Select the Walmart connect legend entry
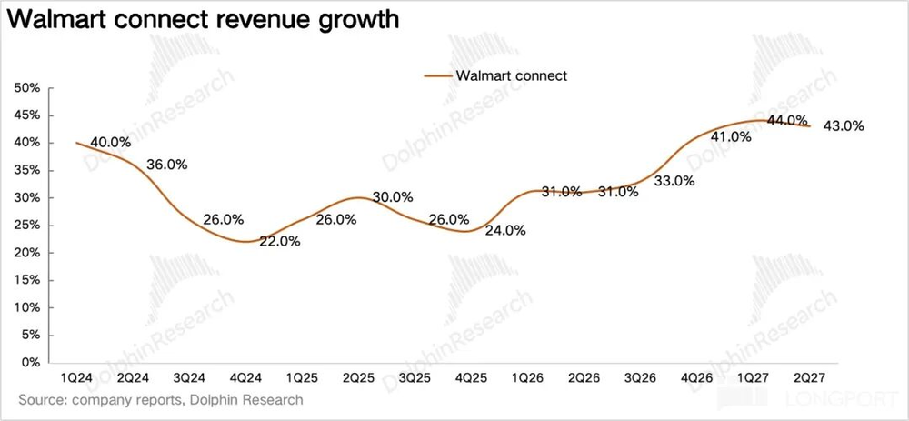point(495,75)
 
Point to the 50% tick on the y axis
point(28,88)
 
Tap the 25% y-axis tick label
point(28,226)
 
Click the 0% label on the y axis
point(31,363)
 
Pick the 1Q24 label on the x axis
point(76,377)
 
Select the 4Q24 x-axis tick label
point(247,377)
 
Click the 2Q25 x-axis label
point(361,377)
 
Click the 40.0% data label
point(111,142)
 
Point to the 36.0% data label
point(167,164)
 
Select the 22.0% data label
point(281,241)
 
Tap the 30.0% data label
point(393,197)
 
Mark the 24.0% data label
point(505,230)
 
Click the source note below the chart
point(161,400)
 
